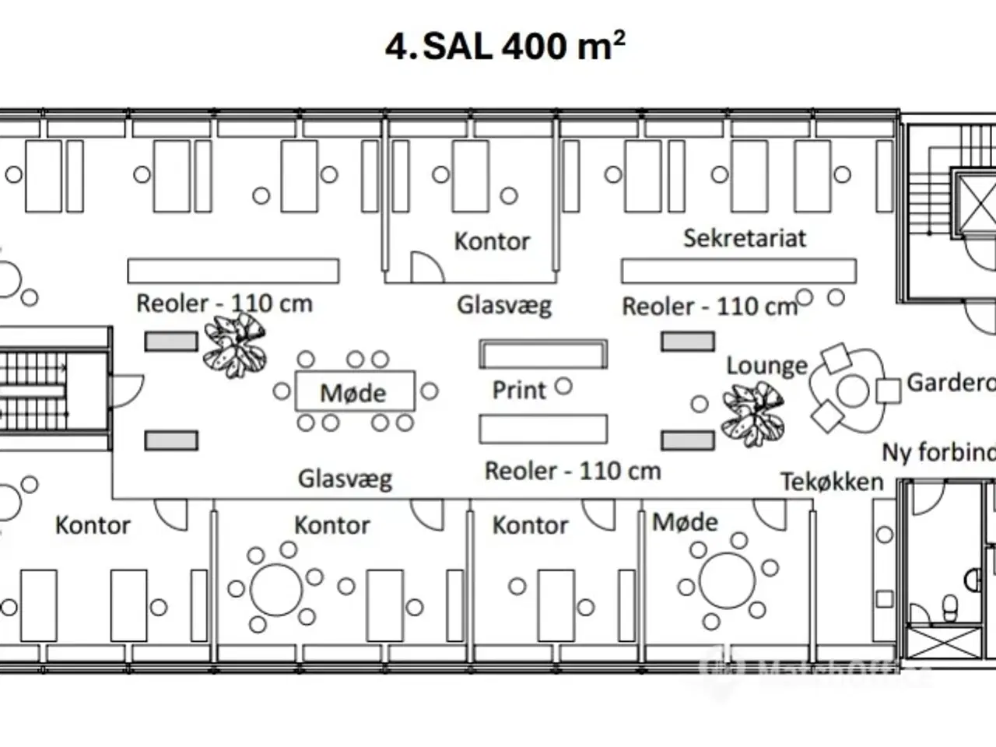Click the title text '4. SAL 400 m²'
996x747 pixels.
coord(505,46)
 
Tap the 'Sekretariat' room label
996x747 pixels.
coord(745,238)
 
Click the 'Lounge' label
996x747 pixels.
coord(766,366)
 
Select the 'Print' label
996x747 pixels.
coord(519,390)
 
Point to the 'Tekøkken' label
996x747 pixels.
coord(832,482)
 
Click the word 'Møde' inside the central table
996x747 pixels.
coord(353,393)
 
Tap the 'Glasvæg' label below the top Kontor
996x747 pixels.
coord(503,305)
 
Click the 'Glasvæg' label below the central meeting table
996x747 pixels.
coord(345,479)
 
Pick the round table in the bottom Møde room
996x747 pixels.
coord(727,580)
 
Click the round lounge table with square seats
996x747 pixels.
coord(852,391)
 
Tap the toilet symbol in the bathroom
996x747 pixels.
coord(949,608)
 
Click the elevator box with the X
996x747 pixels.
coord(973,202)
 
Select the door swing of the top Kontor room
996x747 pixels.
coord(426,267)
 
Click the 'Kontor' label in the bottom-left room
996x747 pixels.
coord(93,525)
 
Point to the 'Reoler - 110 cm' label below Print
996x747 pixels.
coord(572,472)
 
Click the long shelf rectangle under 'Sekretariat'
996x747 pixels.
coord(738,271)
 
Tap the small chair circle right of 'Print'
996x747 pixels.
coord(563,386)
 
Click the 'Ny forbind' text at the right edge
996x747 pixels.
coord(938,452)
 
